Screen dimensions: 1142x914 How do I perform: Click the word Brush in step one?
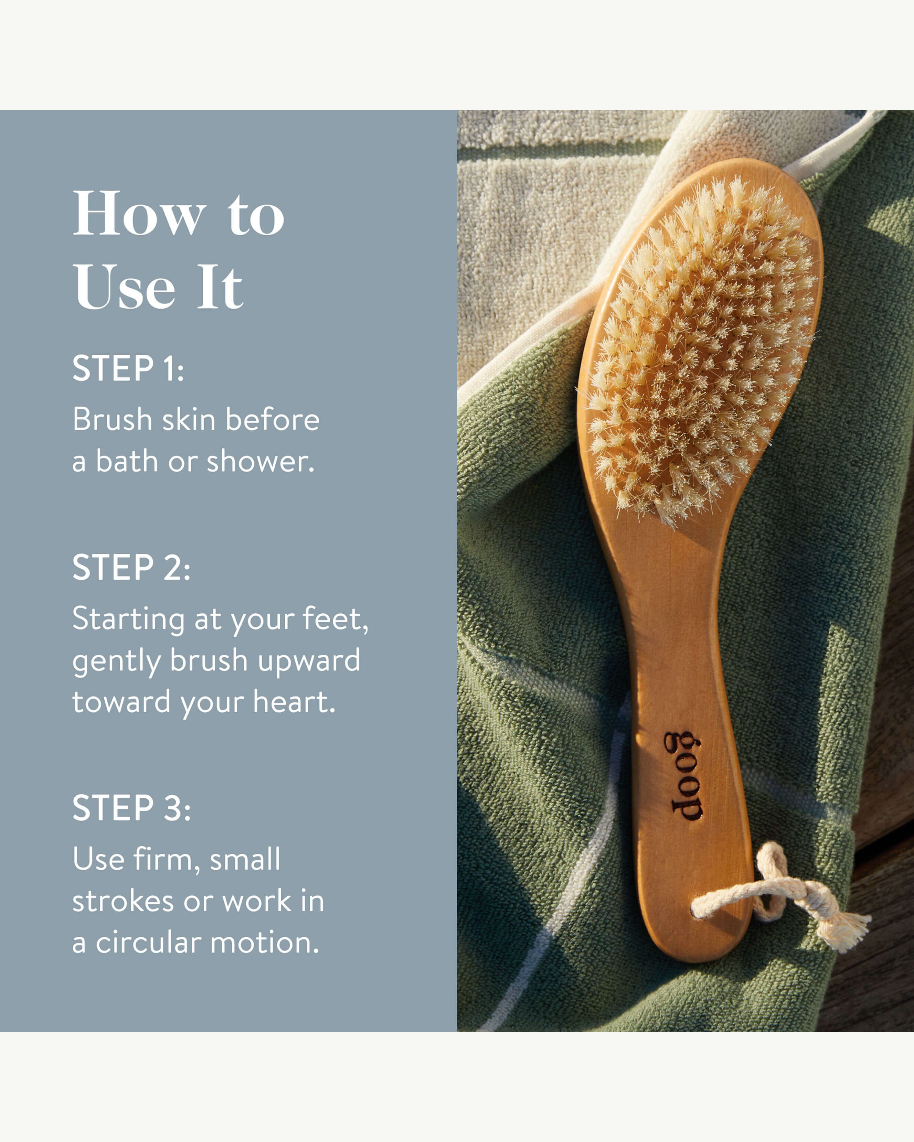[112, 420]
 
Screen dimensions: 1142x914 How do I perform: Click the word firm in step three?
[163, 859]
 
